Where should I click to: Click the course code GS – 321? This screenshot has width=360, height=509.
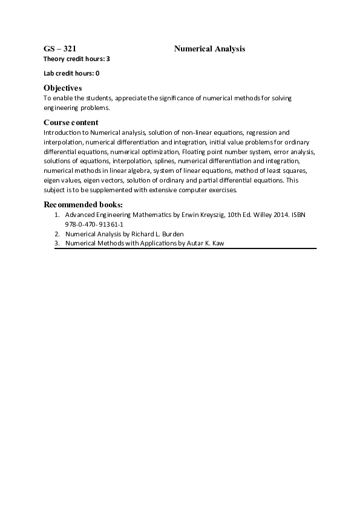point(59,48)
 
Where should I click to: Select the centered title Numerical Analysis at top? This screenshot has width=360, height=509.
point(209,48)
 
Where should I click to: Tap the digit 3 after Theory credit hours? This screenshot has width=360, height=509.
point(108,59)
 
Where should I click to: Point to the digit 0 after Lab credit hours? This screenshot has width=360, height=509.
point(97,73)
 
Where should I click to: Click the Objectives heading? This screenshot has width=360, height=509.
point(62,88)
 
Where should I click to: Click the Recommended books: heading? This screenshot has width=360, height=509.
point(83,204)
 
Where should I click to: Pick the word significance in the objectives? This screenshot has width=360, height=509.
point(178,98)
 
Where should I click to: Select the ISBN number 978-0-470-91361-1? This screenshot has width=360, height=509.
point(94,224)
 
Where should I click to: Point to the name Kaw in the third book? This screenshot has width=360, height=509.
point(218,244)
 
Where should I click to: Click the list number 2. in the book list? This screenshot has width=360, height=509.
point(57,234)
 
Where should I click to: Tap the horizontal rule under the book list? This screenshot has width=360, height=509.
point(185,248)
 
